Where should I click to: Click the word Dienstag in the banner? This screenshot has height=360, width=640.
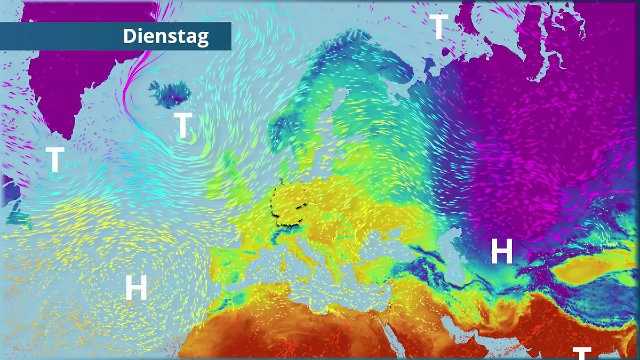(x=166, y=36)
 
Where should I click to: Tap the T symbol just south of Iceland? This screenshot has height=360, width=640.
(x=183, y=126)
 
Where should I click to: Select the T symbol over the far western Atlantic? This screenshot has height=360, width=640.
(x=55, y=159)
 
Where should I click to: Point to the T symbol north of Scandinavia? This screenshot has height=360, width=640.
(x=438, y=27)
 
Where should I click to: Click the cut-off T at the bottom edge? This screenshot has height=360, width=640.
(x=582, y=353)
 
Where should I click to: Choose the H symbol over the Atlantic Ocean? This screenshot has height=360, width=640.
(x=136, y=288)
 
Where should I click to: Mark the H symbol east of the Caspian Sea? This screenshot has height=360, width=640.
(x=501, y=252)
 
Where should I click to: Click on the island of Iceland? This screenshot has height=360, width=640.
(x=170, y=93)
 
